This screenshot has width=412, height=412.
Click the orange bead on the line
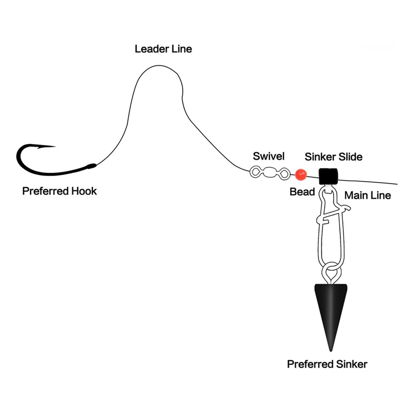(x=301, y=174)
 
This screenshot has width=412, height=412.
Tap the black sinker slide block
(x=328, y=176)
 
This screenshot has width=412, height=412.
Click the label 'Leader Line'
(x=163, y=49)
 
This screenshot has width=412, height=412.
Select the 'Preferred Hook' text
(x=59, y=191)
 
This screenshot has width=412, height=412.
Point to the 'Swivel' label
(x=269, y=156)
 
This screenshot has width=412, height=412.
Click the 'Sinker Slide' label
(x=334, y=157)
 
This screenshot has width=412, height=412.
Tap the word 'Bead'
(x=302, y=192)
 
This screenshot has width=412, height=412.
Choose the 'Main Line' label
(x=368, y=195)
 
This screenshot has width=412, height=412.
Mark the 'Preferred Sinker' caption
(x=327, y=364)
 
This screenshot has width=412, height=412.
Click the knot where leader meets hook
(x=91, y=166)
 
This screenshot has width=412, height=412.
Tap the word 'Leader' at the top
(x=149, y=49)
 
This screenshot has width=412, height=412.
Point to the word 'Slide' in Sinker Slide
(x=351, y=157)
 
